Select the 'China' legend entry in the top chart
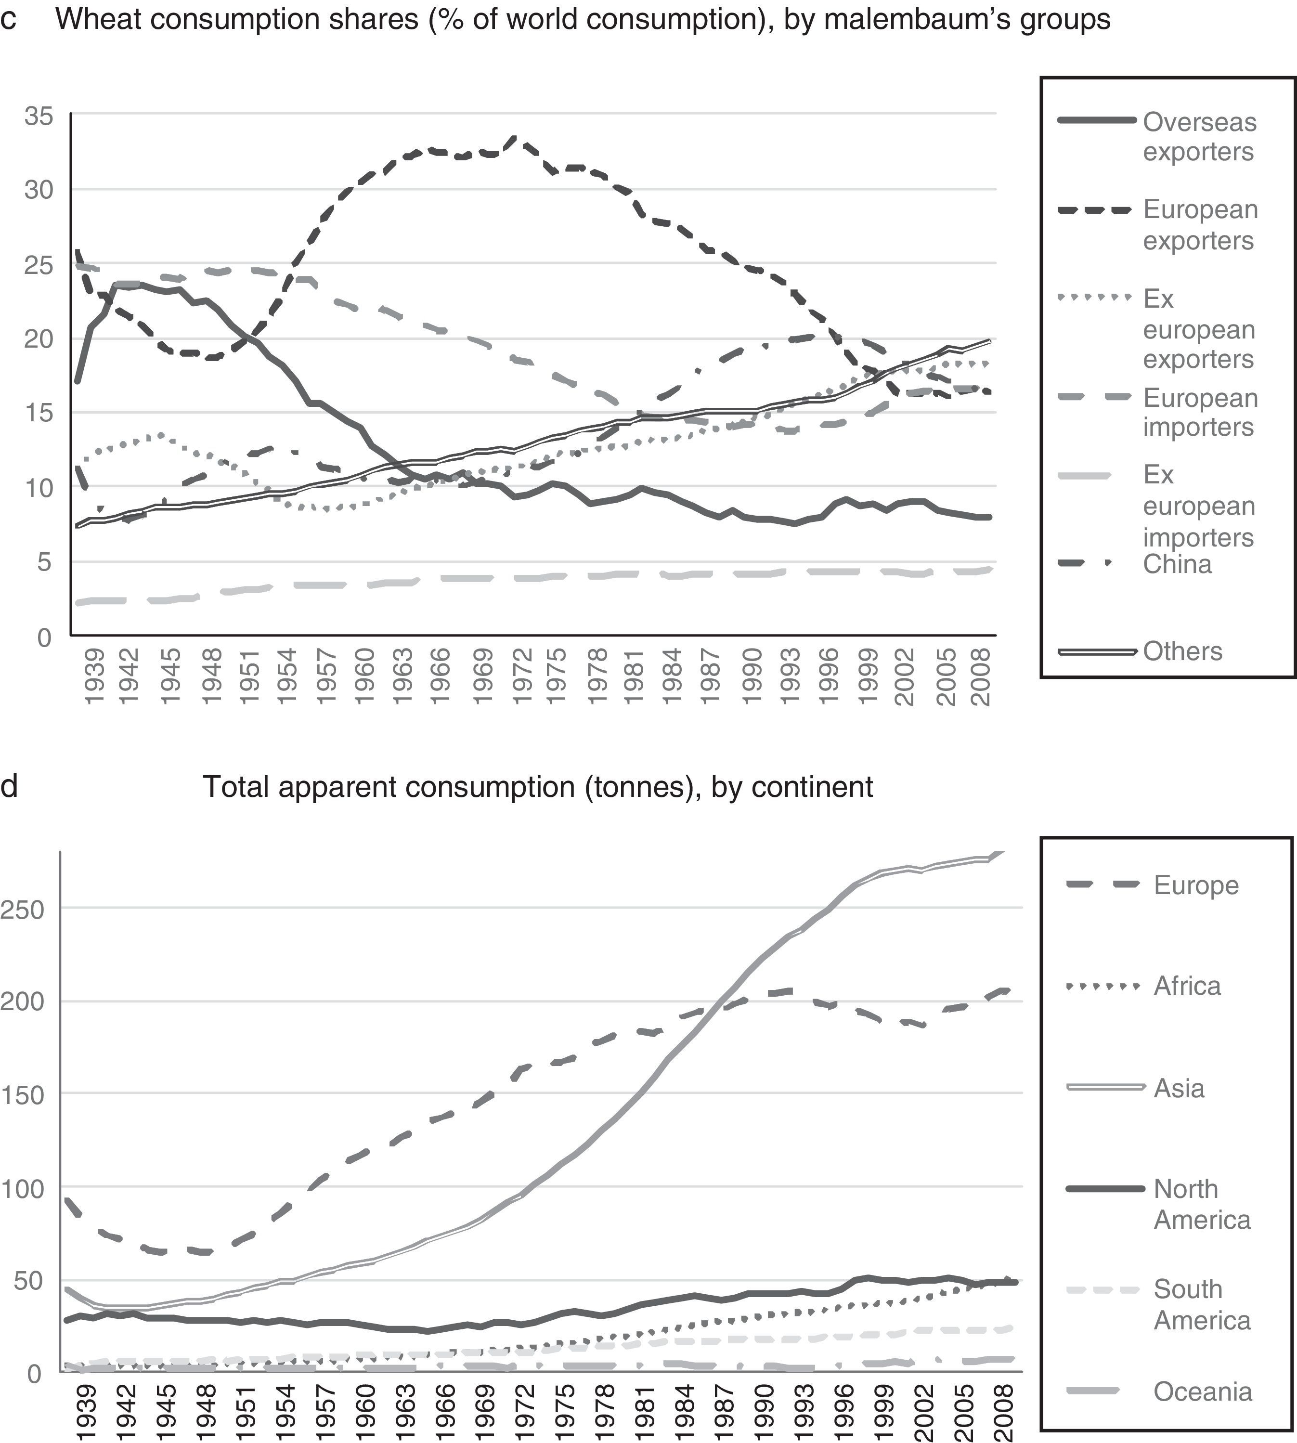coord(1177,564)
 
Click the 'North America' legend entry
coord(1202,1204)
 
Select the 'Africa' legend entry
coord(1187,986)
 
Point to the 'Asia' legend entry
coord(1179,1088)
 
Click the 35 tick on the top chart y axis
coord(39,116)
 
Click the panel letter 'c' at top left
coord(9,20)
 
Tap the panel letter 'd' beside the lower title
coord(9,787)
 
